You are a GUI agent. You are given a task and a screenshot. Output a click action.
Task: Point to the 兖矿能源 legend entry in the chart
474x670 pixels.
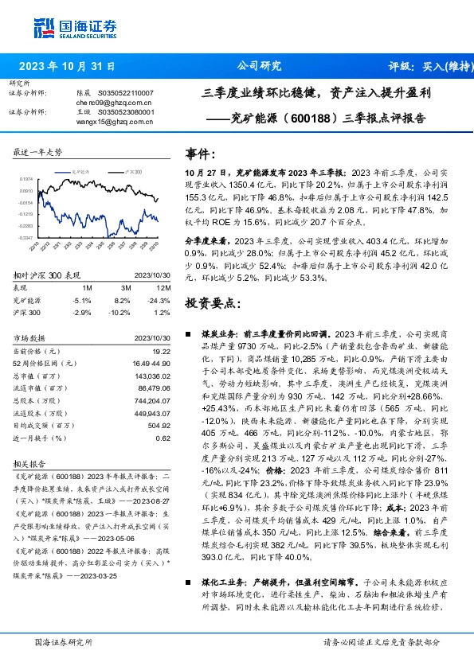pos(72,171)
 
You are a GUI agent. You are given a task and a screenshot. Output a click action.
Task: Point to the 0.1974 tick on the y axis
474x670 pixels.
pos(27,180)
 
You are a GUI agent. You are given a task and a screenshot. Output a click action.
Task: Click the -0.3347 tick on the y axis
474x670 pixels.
pos(27,237)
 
